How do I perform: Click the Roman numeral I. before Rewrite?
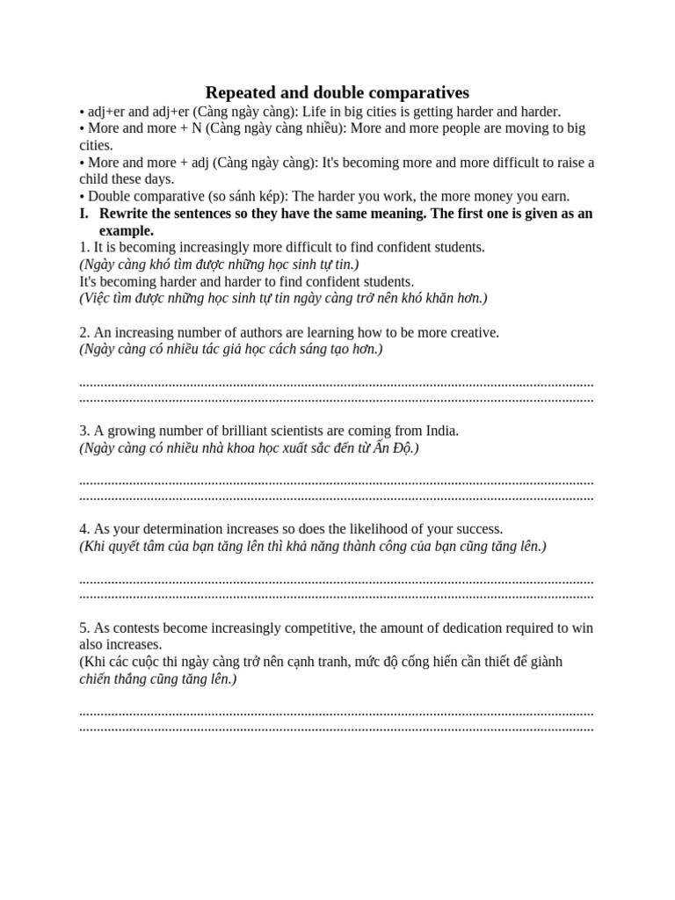[x=84, y=214]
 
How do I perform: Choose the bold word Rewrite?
[x=125, y=214]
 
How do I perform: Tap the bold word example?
[x=126, y=230]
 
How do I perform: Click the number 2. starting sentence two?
[x=84, y=332]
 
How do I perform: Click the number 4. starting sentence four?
[x=84, y=529]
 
